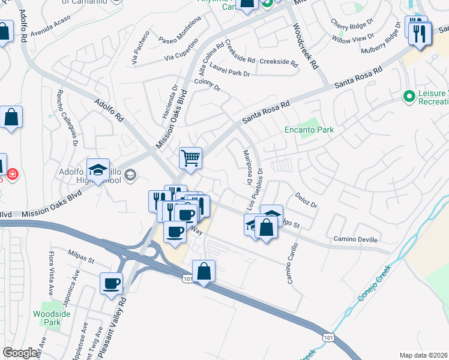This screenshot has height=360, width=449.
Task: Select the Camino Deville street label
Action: tap(355, 239)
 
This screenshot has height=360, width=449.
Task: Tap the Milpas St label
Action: tap(81, 257)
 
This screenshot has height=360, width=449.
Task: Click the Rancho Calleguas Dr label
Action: tap(68, 118)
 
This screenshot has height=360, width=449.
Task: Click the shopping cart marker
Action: tap(190, 159)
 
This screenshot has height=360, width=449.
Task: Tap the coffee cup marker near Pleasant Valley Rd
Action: tap(112, 283)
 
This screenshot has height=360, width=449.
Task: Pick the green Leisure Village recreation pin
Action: tap(409, 96)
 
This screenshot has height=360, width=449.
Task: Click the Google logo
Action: tap(20, 353)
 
